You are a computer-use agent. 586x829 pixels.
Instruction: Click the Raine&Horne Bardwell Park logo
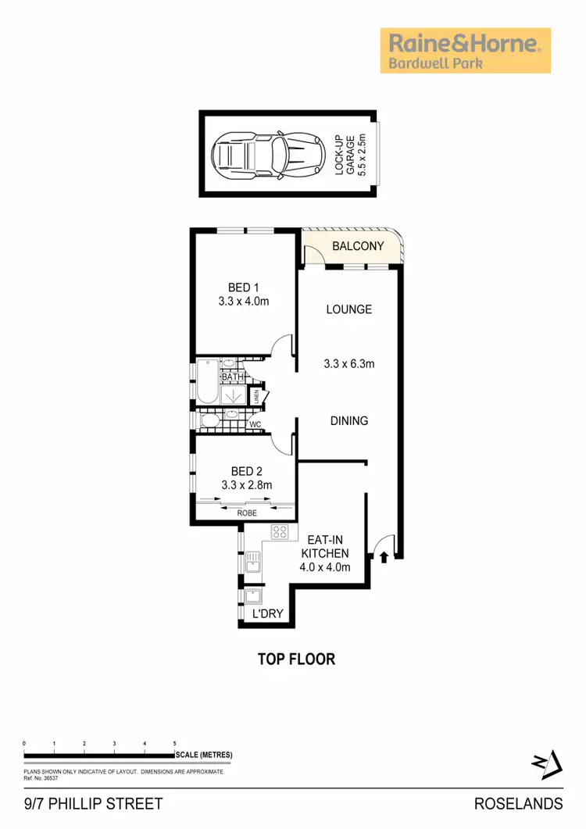coord(465,51)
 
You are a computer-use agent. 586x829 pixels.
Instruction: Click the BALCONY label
coord(358,246)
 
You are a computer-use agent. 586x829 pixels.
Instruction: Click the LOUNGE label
coord(348,309)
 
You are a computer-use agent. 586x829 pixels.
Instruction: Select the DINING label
coord(348,421)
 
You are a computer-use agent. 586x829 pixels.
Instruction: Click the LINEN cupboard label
coord(255,396)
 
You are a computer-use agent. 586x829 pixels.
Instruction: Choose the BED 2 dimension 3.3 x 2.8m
coord(246,485)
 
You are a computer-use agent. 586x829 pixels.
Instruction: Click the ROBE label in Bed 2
coord(247,513)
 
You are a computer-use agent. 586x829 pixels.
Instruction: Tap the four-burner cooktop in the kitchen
coord(280,533)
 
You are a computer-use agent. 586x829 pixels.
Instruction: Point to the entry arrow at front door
coord(384,556)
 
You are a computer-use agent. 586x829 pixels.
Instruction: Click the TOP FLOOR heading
coord(297,659)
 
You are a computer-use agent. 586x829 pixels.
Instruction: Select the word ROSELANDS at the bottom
coord(518,803)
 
